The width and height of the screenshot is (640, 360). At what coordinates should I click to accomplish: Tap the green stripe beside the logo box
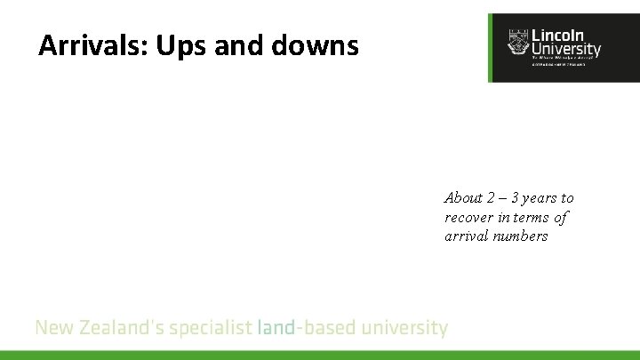pos(490,48)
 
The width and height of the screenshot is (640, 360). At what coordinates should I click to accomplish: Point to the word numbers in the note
pos(522,236)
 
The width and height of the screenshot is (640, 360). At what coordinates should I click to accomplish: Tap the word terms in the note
pos(530,218)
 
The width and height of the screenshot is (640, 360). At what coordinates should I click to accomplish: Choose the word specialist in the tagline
pos(211,328)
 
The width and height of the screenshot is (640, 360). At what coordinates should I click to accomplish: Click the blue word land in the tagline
pos(276,328)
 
